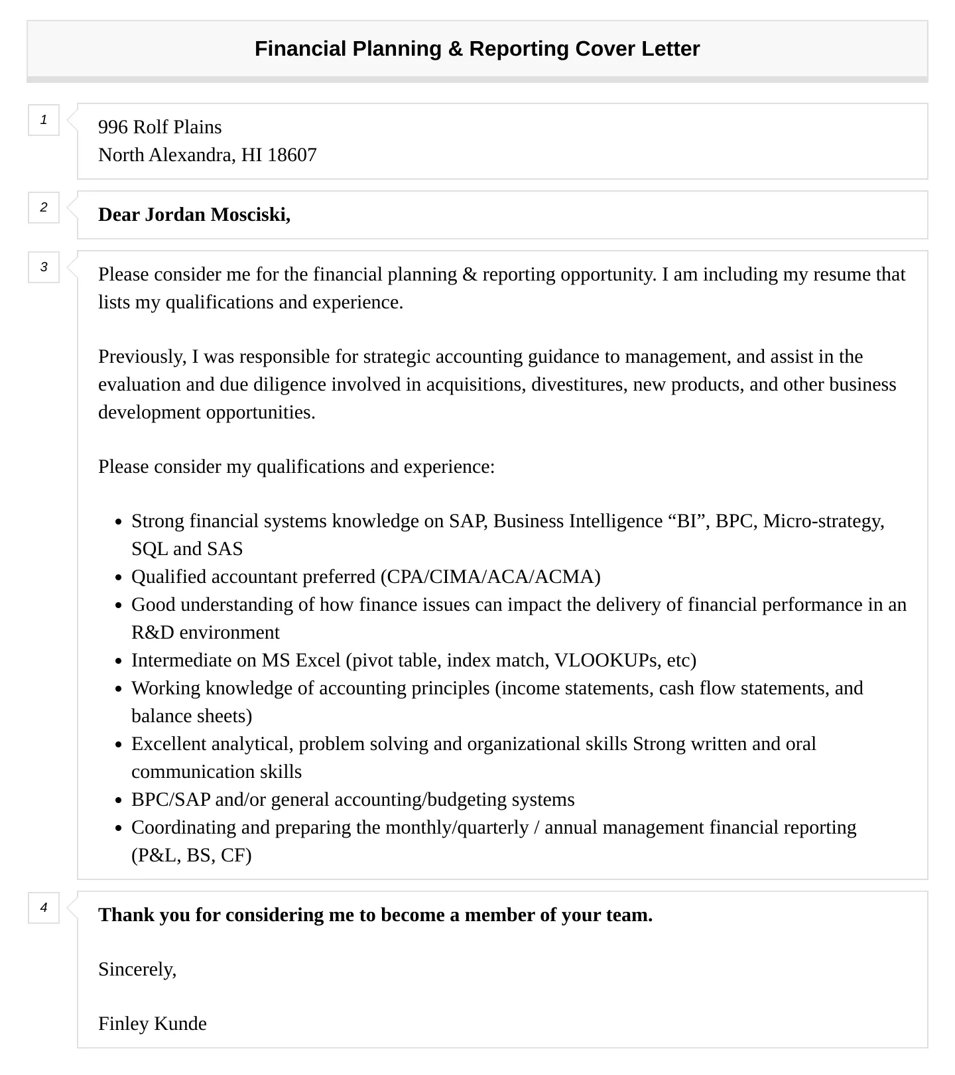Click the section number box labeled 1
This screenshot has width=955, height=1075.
pyautogui.click(x=44, y=120)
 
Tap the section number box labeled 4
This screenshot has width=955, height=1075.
pyautogui.click(x=44, y=908)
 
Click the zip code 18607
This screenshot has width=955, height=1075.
pyautogui.click(x=292, y=155)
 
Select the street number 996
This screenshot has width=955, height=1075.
pyautogui.click(x=113, y=127)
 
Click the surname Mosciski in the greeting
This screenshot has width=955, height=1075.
pyautogui.click(x=251, y=215)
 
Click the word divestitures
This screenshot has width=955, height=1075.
pyautogui.click(x=579, y=385)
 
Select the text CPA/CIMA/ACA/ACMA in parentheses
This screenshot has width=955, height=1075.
pyautogui.click(x=491, y=577)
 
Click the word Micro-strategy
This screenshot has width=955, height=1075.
pyautogui.click(x=823, y=521)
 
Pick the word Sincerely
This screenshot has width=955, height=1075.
pyautogui.click(x=137, y=970)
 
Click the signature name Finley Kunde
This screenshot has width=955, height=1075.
pyautogui.click(x=153, y=1024)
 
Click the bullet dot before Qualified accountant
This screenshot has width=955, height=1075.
pyautogui.click(x=119, y=578)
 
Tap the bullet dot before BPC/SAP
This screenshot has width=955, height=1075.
pyautogui.click(x=119, y=800)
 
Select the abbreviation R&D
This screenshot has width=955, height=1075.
pyautogui.click(x=153, y=633)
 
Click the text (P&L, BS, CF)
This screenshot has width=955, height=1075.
pyautogui.click(x=191, y=855)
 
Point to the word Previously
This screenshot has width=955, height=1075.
pyautogui.click(x=141, y=357)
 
